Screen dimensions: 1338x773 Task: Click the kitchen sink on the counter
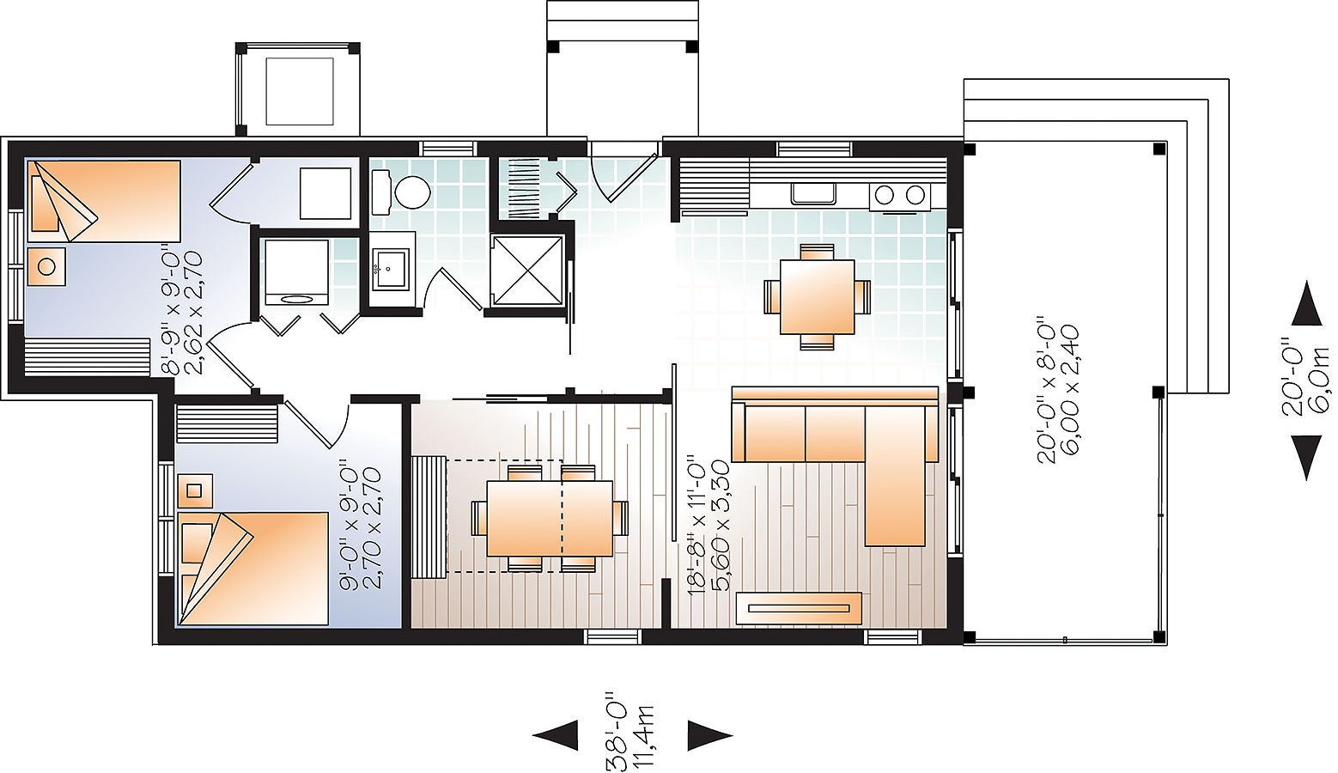tap(813, 193)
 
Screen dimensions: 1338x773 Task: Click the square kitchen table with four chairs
tap(817, 297)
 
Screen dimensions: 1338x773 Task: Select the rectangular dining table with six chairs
tap(550, 518)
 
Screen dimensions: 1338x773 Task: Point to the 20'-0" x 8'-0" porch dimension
tap(1058, 393)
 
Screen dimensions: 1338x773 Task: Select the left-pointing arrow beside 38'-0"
tap(555, 734)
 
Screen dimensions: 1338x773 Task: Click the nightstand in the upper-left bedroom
tap(46, 266)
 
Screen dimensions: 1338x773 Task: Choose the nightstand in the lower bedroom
tap(195, 490)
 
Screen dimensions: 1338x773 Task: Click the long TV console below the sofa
tap(799, 609)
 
